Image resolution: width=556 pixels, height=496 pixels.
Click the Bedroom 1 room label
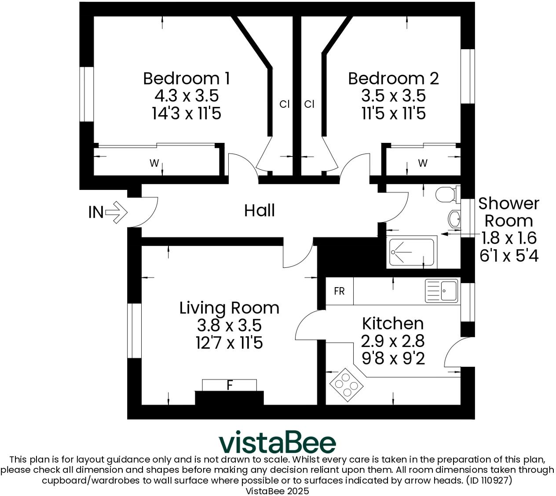[x=186, y=79]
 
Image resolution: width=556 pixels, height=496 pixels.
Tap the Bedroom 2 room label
[x=393, y=79]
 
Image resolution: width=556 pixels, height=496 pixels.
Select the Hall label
[x=260, y=211]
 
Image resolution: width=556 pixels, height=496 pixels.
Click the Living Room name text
[x=229, y=308]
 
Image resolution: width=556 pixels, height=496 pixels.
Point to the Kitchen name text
[x=393, y=324]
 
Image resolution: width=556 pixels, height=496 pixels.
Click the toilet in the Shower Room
[x=447, y=194]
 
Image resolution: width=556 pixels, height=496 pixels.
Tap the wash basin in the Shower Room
[x=454, y=218]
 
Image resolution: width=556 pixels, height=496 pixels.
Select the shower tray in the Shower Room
[x=411, y=252]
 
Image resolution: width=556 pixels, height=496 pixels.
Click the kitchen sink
[x=442, y=291]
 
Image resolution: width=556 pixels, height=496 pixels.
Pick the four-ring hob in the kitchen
[x=346, y=385]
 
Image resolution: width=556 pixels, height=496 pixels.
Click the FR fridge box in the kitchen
[x=339, y=291]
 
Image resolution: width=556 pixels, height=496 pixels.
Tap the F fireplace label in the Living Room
[x=229, y=385]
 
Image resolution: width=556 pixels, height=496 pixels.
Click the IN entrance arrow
[x=116, y=212]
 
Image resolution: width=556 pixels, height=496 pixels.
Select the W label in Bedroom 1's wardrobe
[x=154, y=164]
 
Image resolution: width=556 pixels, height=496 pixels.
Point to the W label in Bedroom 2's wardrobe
[x=423, y=164]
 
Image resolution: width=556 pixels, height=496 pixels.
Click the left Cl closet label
[x=285, y=104]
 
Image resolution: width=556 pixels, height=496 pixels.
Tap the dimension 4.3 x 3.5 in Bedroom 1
[x=186, y=96]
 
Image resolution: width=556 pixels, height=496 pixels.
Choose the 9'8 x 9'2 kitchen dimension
[x=393, y=359]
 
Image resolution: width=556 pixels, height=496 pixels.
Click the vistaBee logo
[x=278, y=442]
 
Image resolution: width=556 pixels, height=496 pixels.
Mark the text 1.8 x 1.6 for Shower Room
[x=509, y=238]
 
